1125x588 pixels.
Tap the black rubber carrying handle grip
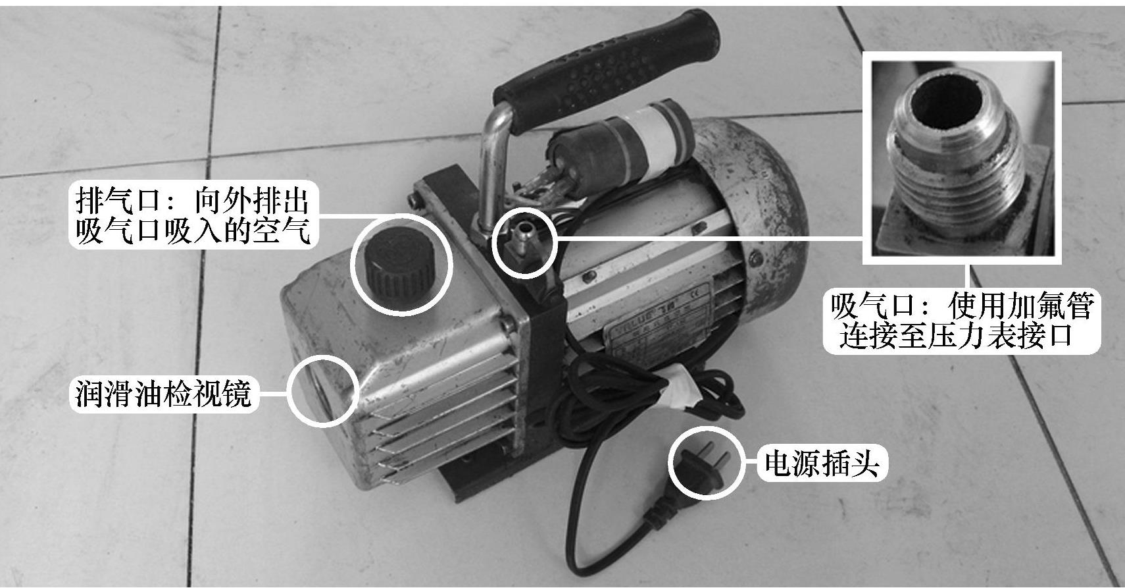[x=608, y=65]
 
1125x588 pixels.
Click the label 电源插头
[x=822, y=464]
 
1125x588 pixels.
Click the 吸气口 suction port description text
[x=962, y=321]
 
